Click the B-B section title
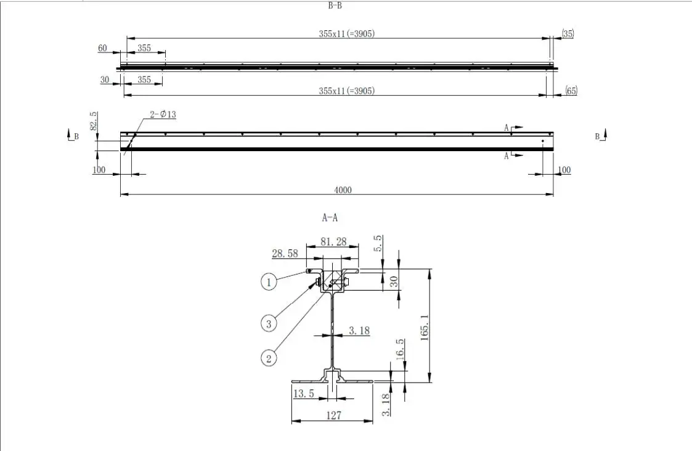(x=335, y=6)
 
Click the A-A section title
(x=330, y=217)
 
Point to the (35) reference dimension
(x=568, y=34)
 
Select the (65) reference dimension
(x=571, y=91)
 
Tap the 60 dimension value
(x=102, y=48)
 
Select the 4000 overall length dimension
(x=343, y=190)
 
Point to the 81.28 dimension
(x=333, y=242)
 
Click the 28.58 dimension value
(x=285, y=253)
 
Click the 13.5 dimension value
(x=304, y=394)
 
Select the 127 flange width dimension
(x=333, y=416)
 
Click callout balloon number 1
(x=268, y=283)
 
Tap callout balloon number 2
(x=269, y=357)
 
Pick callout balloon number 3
(x=268, y=322)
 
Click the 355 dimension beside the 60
(x=145, y=48)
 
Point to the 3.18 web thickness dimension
(x=359, y=331)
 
